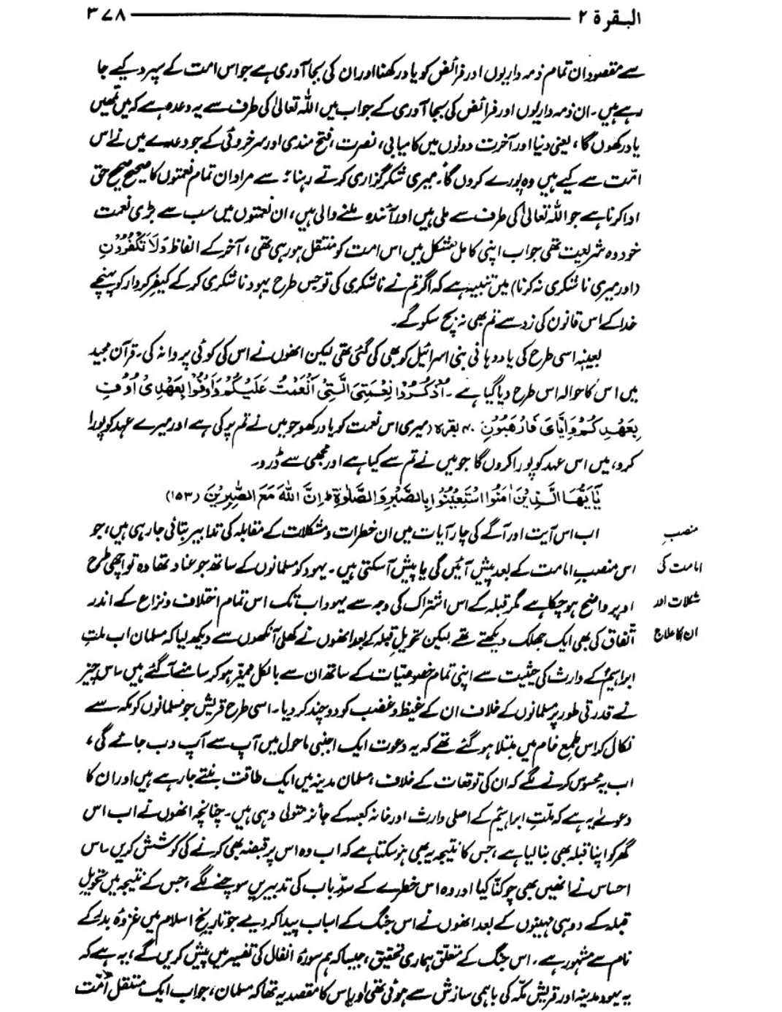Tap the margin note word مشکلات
tap(689, 604)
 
